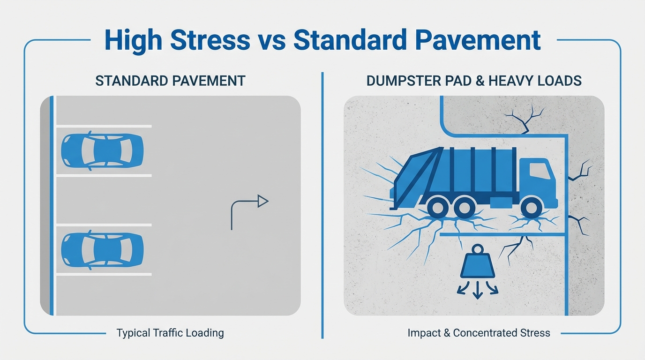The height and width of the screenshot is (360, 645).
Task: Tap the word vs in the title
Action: [x=272, y=41]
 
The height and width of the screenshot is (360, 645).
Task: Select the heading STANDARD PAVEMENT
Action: [x=170, y=81]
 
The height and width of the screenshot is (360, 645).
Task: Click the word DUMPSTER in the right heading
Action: [x=400, y=81]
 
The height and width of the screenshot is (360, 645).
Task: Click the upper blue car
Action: [x=102, y=150]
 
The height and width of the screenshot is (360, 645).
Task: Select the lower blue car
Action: [x=102, y=250]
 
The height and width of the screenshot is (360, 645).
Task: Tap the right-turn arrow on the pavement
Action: [x=249, y=211]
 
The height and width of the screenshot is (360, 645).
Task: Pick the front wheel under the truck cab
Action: [x=531, y=207]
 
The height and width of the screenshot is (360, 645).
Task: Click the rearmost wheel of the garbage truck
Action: [x=438, y=207]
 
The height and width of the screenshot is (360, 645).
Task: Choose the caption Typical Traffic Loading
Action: [x=170, y=333]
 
